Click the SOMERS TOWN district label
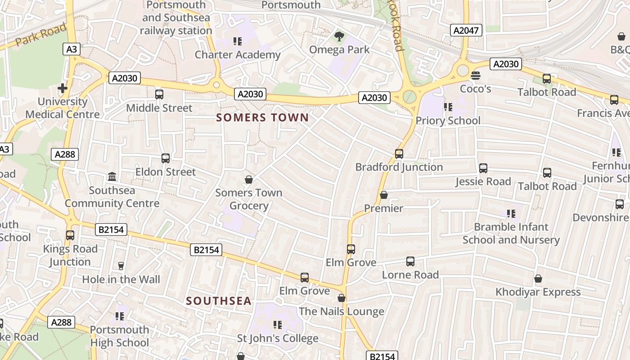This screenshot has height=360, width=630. (x=262, y=118)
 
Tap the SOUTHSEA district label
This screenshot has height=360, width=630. (x=219, y=301)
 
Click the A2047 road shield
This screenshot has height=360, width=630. (x=466, y=30)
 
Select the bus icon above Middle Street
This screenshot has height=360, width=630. (x=159, y=94)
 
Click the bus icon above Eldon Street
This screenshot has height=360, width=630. (x=166, y=158)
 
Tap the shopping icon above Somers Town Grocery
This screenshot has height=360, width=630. (x=249, y=180)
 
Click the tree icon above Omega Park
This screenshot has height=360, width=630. (x=339, y=36)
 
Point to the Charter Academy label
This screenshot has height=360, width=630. (x=238, y=55)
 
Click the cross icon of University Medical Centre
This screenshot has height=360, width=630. (x=63, y=88)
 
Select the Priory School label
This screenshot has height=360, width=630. (x=448, y=121)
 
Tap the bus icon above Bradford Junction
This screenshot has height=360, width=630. (x=399, y=154)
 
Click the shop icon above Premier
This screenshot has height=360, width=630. (x=384, y=195)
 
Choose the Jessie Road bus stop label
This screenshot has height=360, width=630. (x=483, y=181)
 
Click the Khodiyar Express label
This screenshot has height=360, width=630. (x=538, y=292)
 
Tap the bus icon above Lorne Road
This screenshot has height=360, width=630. (x=410, y=261)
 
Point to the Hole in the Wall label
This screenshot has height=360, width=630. (x=121, y=279)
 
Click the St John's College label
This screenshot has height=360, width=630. (x=278, y=338)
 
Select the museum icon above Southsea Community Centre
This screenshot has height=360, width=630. (x=112, y=176)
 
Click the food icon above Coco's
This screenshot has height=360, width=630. (x=476, y=75)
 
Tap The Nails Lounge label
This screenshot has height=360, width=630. (x=341, y=311)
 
